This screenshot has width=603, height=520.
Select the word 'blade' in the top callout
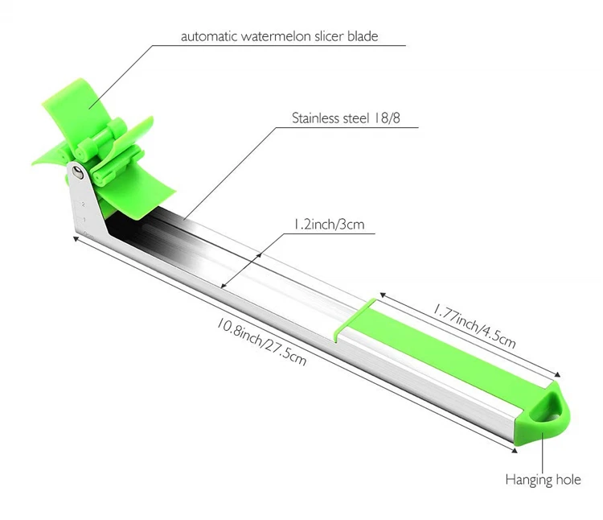point(363,36)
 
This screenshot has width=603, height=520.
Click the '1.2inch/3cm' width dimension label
point(329,224)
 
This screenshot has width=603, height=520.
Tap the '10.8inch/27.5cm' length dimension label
point(261,341)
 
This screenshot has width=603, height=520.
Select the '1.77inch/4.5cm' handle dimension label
point(474,326)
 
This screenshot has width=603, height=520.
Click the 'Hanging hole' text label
point(543,480)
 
